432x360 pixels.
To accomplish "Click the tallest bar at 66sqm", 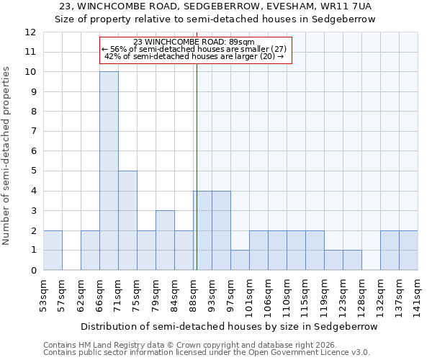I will click(x=109, y=171).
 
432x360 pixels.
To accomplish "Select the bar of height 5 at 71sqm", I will click(x=127, y=220).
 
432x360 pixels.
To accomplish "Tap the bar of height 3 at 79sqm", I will click(x=165, y=240).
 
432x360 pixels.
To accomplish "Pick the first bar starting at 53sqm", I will click(x=53, y=250).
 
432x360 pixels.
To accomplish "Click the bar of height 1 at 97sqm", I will click(x=240, y=260).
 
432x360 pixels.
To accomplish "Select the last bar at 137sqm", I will click(x=408, y=250).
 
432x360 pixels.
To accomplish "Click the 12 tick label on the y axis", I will click(x=30, y=32).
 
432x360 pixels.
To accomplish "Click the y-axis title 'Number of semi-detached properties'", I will click(x=7, y=156).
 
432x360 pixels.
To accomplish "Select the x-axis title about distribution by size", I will click(x=229, y=326).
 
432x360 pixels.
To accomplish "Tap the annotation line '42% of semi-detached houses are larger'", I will click(x=194, y=56).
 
